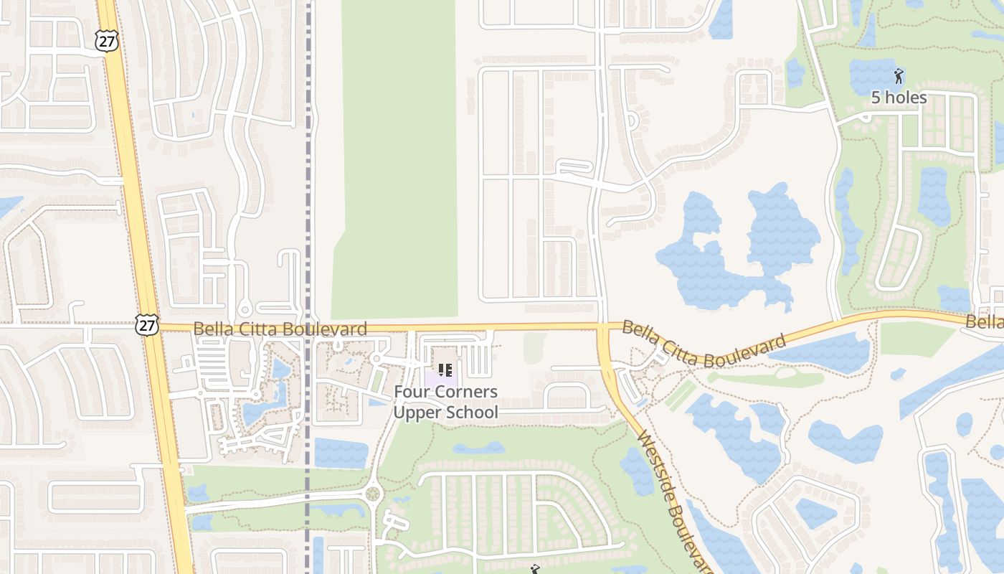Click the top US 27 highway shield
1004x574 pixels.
coord(107,41)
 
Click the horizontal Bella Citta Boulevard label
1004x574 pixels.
coord(280,329)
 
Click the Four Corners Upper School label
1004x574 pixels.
coord(445,402)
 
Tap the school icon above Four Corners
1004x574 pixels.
coord(445,370)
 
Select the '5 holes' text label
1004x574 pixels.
coord(899,98)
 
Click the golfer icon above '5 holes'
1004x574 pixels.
coord(899,75)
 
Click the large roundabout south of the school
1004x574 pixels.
coord(372,494)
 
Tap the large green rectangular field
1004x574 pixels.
coord(398,158)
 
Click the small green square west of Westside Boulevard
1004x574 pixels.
coord(534,347)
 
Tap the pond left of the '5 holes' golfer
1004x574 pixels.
coord(871,75)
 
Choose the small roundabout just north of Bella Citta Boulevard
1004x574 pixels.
coord(245,310)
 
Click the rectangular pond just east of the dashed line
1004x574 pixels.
coord(341,453)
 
